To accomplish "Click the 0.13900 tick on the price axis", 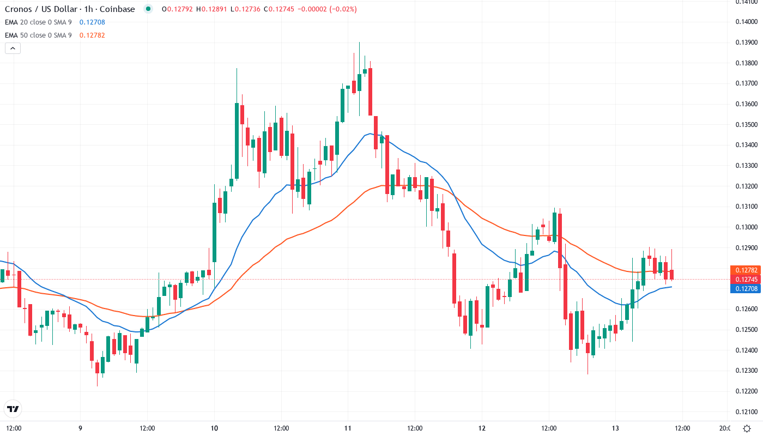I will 745,43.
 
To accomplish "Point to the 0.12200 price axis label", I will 745,391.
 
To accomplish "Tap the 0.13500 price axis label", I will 745,124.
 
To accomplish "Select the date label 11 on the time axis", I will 348,428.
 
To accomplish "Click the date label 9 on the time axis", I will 80,428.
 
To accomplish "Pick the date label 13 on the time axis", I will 615,428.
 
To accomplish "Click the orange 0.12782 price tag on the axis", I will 744,270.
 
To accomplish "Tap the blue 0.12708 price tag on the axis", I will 744,289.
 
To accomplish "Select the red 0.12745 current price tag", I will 744,280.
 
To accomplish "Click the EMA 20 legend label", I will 38,22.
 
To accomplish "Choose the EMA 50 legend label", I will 38,35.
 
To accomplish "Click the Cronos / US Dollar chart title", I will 70,9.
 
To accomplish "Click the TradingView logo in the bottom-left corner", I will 13,409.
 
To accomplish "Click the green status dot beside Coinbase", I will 148,9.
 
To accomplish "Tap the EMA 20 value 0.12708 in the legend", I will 92,22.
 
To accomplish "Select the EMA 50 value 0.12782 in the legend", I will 92,35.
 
